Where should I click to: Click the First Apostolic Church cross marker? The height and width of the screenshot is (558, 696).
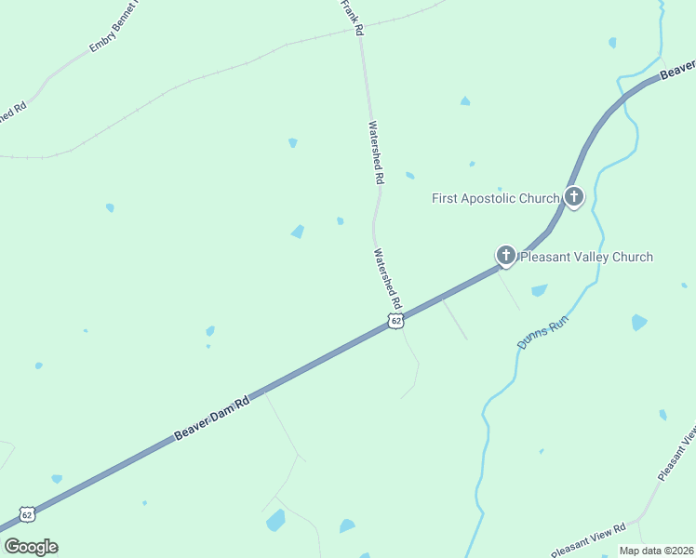click(x=573, y=197)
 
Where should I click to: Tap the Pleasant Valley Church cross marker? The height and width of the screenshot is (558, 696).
click(x=506, y=256)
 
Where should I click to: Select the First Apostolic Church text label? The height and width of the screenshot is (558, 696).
click(x=496, y=198)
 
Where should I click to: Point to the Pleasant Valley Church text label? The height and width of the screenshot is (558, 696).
click(x=586, y=257)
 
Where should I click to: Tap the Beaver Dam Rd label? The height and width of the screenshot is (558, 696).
click(x=212, y=419)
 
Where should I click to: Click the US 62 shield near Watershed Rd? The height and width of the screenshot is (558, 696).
click(x=396, y=321)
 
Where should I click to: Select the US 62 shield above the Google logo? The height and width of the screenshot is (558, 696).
click(x=26, y=514)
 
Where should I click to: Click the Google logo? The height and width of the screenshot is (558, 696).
click(x=31, y=547)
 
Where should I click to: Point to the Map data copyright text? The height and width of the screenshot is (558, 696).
click(x=656, y=551)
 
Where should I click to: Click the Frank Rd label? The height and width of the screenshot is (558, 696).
click(x=351, y=17)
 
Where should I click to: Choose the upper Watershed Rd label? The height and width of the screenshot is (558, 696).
click(x=376, y=150)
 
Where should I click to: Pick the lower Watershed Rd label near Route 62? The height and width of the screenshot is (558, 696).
click(x=386, y=278)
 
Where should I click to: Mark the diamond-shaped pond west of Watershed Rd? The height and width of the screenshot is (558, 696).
click(x=298, y=231)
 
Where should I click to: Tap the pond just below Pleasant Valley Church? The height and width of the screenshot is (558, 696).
click(x=539, y=290)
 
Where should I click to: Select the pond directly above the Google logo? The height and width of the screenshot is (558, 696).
click(x=57, y=479)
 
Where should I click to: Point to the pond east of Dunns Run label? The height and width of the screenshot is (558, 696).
click(x=638, y=323)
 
